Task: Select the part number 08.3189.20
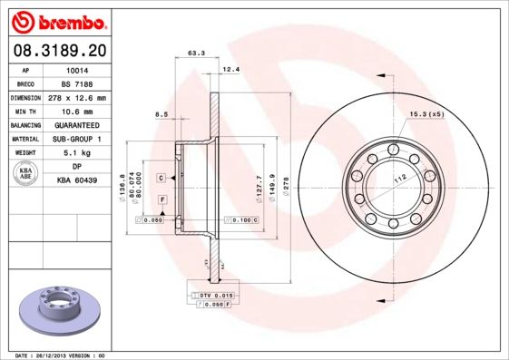tap(58, 52)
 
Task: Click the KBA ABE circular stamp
tap(26, 174)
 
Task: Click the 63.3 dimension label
tap(195, 54)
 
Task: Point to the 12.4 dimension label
tap(230, 69)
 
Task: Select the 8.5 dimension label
tap(162, 113)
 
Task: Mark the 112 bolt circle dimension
tap(397, 178)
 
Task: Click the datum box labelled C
tap(161, 177)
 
